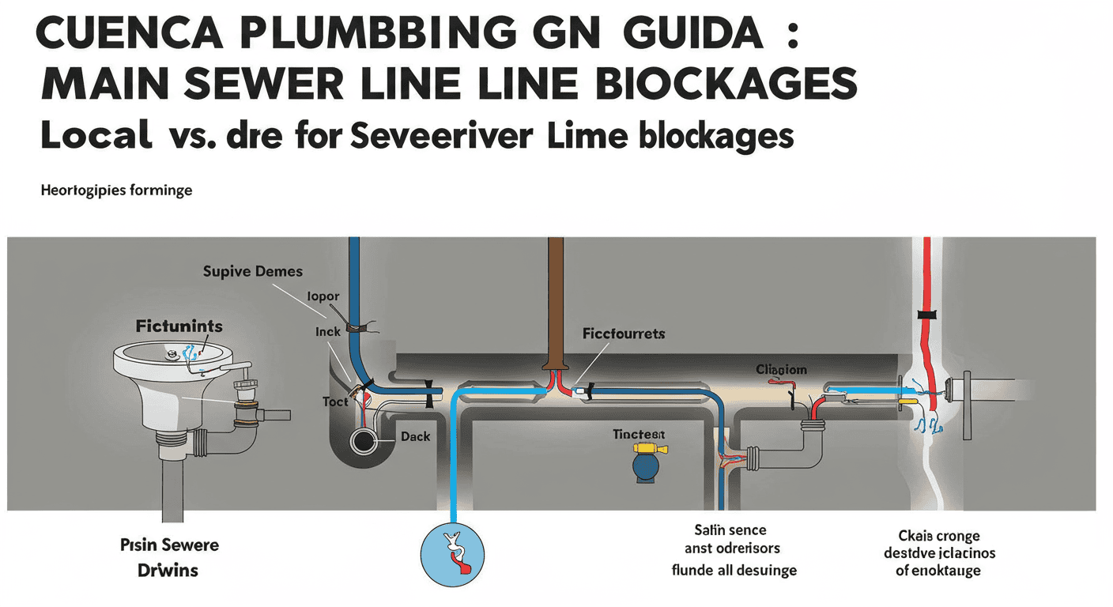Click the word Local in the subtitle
(96, 135)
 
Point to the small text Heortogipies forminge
(116, 190)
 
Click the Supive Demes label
(252, 271)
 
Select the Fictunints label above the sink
(179, 326)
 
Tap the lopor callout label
(323, 296)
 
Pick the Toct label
(335, 402)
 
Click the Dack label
(415, 435)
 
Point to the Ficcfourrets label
(624, 334)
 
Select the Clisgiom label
(781, 369)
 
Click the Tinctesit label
(639, 435)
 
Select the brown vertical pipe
(556, 300)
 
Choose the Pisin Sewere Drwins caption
(170, 556)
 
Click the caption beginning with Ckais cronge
(939, 554)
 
